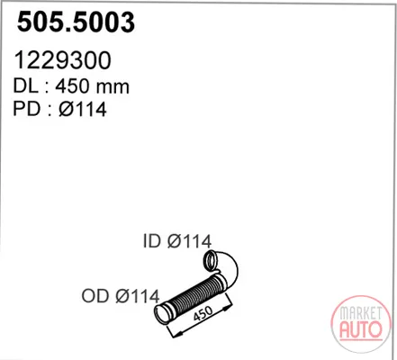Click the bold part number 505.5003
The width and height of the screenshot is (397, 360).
tap(76, 22)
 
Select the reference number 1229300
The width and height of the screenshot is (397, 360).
tap(62, 60)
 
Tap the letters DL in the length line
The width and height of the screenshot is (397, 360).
tap(26, 86)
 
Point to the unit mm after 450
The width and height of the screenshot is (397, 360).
tap(112, 88)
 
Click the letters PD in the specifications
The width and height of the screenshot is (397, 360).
tap(26, 109)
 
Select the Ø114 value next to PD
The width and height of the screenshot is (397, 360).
tap(83, 109)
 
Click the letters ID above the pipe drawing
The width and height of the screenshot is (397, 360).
tap(152, 241)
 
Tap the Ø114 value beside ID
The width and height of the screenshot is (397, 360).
tap(189, 241)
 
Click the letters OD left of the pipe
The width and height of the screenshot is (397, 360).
tap(95, 296)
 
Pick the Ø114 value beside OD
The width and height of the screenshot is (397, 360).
tap(138, 296)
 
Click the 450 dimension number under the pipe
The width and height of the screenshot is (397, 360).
tap(203, 313)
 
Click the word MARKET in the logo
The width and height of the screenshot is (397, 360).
tap(361, 313)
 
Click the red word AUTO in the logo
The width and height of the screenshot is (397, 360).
tap(361, 329)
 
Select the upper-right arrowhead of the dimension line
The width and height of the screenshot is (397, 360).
tap(229, 306)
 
